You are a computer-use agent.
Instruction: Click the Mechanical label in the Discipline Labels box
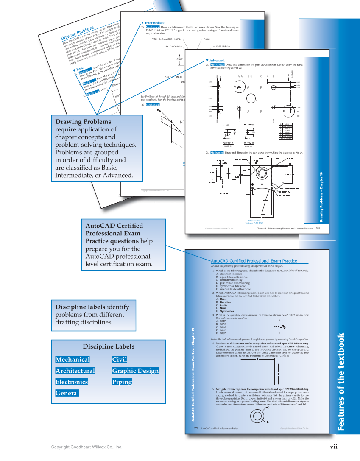[73, 360]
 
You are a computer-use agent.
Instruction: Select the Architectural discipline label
[75, 371]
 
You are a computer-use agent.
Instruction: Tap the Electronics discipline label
[72, 382]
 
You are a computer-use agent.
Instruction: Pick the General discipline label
[67, 393]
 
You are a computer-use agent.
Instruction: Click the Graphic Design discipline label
[135, 371]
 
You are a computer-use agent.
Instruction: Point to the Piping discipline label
[122, 382]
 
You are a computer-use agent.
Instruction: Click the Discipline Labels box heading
[109, 346]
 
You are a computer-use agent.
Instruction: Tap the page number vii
[334, 447]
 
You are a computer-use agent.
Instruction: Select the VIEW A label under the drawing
[228, 143]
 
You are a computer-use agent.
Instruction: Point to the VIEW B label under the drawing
[249, 143]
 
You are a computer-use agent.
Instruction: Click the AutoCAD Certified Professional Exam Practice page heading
[254, 261]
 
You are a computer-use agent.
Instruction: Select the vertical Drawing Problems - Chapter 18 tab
[321, 197]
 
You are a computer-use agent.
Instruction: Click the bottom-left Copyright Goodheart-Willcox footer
[87, 447]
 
